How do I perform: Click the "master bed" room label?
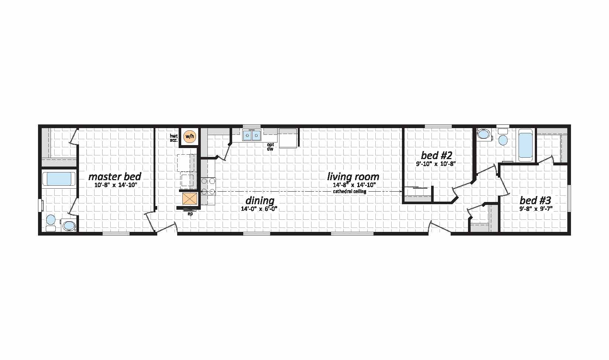coord(115,177)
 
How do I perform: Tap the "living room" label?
coord(353,177)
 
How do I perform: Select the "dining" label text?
coord(260,200)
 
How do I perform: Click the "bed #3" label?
coord(535,200)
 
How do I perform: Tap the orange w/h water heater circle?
coord(190,136)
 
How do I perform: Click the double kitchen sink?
coord(252,135)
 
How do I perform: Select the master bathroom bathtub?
coord(59,179)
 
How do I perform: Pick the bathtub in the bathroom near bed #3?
coord(525,145)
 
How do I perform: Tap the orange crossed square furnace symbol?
coord(189,198)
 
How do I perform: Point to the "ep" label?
coord(190,214)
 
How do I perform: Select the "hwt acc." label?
coord(174,138)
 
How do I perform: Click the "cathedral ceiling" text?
coord(350,191)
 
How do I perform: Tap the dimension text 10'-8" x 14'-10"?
coord(116,185)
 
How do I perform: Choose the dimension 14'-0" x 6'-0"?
coord(259,209)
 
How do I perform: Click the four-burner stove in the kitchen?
coord(208,186)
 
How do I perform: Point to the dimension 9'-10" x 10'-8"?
coord(436,164)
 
